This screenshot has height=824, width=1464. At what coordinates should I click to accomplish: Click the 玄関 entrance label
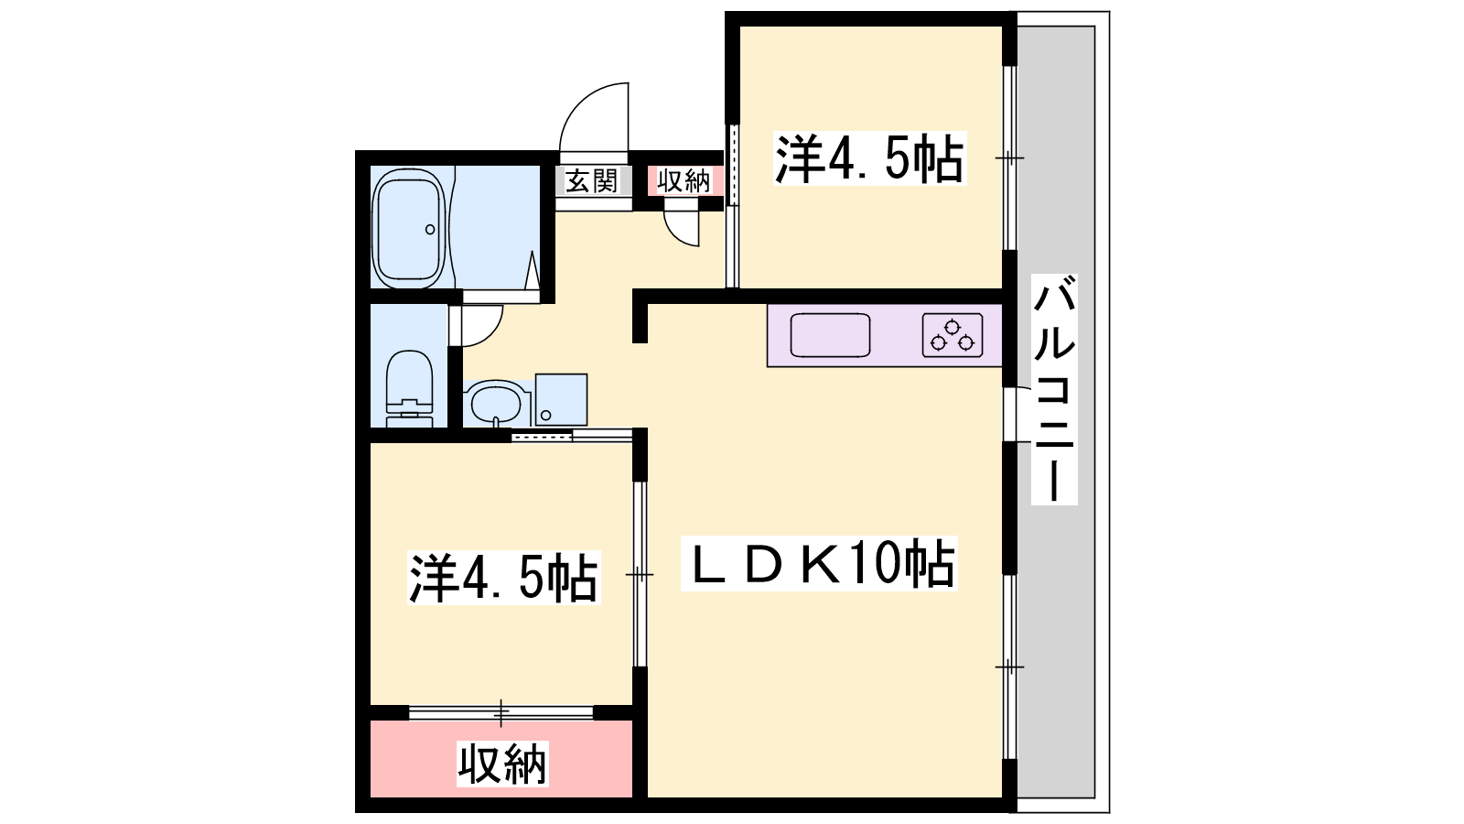point(591,181)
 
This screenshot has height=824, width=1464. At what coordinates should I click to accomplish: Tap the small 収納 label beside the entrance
point(684,181)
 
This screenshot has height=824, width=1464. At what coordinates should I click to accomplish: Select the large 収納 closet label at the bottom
point(502,764)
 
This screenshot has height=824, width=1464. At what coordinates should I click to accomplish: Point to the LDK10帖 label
point(819,563)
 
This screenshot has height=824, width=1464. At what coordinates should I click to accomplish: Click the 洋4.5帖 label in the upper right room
point(869,158)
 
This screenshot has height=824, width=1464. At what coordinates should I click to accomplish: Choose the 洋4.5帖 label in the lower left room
point(503,578)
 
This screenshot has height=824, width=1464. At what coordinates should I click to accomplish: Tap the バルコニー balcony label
point(1054,390)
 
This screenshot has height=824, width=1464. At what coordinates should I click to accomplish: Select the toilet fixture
point(410,390)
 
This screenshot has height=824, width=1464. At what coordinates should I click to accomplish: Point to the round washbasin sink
point(494,403)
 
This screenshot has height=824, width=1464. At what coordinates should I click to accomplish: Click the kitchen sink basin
point(830,335)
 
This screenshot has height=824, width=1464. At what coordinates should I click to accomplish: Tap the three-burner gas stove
point(953,335)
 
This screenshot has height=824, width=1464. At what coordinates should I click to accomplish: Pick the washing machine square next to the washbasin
point(561,399)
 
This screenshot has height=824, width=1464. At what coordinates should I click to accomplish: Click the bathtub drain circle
point(429,230)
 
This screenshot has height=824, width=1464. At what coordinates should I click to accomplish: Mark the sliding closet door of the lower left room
point(501,712)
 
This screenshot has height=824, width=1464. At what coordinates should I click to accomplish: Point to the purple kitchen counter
point(885,335)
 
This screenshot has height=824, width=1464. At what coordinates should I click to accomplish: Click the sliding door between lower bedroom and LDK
point(640,574)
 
